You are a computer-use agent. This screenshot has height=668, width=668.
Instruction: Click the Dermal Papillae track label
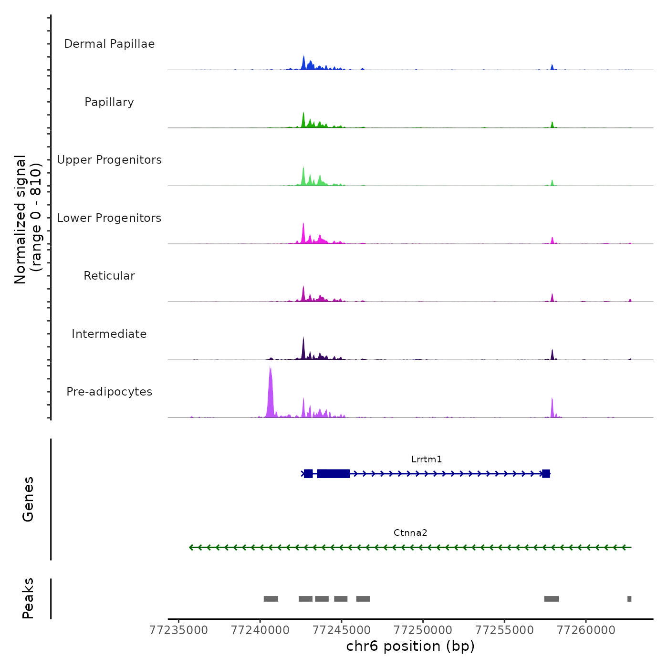pos(109,44)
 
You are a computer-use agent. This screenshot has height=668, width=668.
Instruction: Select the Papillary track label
pos(109,102)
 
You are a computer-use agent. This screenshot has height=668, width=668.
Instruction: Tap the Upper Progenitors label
pos(109,160)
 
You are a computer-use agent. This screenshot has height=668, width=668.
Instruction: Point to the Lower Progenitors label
pos(109,218)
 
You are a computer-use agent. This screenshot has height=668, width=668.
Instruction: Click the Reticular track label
pos(109,276)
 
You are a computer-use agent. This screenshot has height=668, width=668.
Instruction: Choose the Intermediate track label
pos(109,334)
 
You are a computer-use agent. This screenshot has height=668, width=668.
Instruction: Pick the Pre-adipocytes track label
pos(109,392)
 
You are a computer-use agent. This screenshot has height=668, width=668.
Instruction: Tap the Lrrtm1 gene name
pos(427,459)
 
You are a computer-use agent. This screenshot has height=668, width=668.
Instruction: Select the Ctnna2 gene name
pos(410,533)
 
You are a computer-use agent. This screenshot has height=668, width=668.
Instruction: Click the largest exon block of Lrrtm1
pos(334,474)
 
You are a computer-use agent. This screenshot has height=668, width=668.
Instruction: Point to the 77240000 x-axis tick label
pos(260,630)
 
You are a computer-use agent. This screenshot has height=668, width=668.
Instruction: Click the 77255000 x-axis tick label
pos(504,630)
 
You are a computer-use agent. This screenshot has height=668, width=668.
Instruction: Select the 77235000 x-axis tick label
pos(179,630)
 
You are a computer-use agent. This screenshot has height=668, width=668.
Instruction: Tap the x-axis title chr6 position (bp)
pos(410,646)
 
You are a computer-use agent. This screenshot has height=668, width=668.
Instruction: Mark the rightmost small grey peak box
pos(629,599)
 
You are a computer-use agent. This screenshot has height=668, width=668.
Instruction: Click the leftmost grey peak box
pos(271,599)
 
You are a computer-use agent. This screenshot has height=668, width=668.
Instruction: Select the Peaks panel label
pos(28,598)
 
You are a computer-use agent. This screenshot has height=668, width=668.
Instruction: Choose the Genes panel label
pos(28,499)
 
